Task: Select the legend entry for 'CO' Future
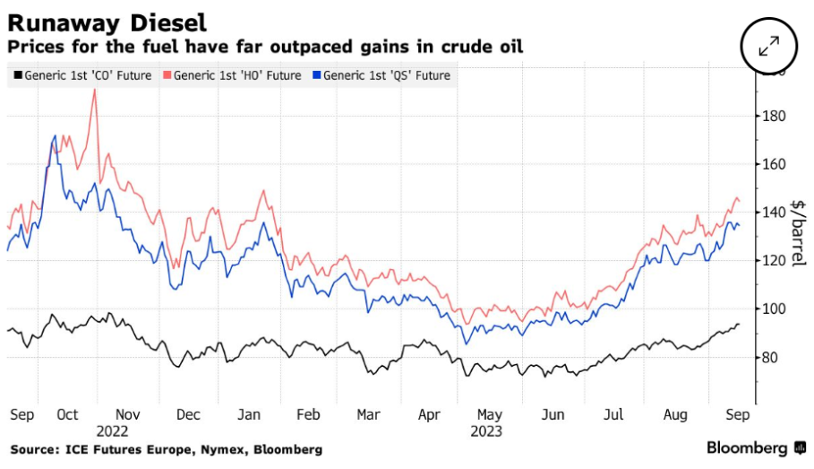(82, 75)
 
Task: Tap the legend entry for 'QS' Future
(387, 75)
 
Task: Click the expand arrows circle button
(769, 47)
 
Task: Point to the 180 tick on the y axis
(775, 117)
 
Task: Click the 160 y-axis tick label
(775, 165)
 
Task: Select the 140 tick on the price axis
(775, 213)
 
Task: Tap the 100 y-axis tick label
(775, 309)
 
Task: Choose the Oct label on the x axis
(68, 415)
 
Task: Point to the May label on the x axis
(490, 415)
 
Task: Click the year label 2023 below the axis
(489, 430)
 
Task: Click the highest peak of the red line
(94, 90)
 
